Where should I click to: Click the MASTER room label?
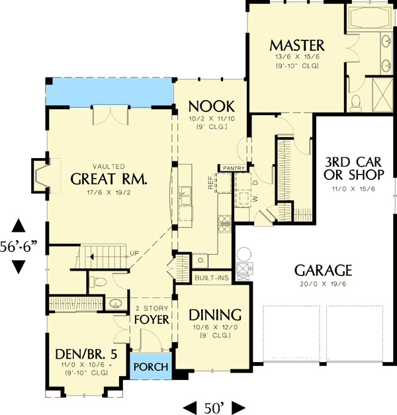pyautogui.click(x=297, y=45)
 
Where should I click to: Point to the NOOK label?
pyautogui.click(x=209, y=106)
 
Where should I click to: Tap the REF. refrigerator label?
pyautogui.click(x=210, y=183)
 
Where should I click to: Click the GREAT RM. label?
pyautogui.click(x=109, y=179)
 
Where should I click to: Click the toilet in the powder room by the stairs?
pyautogui.click(x=98, y=282)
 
